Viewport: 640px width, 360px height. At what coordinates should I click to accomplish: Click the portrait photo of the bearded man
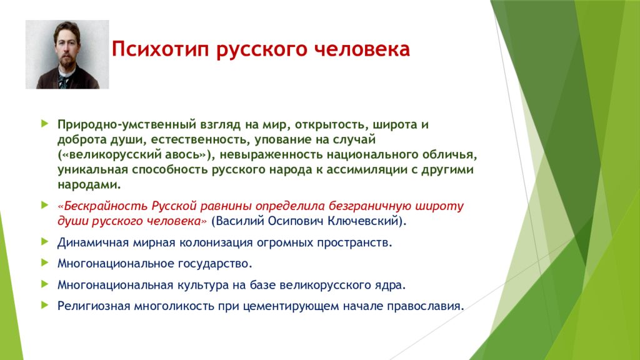67,54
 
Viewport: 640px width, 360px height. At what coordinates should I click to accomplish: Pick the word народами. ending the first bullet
89,184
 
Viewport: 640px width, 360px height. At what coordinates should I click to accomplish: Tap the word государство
215,264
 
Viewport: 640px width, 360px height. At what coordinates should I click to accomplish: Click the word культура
203,285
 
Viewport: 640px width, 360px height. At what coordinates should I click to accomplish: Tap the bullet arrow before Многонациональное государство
45,262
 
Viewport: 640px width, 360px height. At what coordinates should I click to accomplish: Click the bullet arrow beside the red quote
45,205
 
